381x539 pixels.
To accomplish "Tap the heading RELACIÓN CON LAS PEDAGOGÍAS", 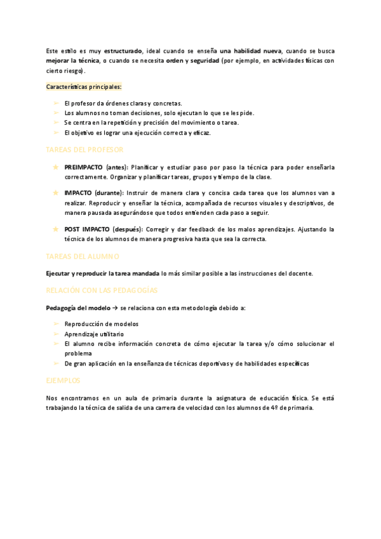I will click(x=102, y=290).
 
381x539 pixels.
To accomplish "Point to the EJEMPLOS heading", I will click(x=63, y=380).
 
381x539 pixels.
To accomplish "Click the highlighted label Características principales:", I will click(x=84, y=86).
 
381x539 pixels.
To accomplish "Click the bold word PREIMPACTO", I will click(x=84, y=167).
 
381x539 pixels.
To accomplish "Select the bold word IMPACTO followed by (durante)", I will click(x=77, y=193).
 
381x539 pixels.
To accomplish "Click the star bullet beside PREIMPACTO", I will click(x=55, y=167).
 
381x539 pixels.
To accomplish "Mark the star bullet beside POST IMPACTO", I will click(x=55, y=229).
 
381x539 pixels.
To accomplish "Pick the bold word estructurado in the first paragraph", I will click(x=123, y=50).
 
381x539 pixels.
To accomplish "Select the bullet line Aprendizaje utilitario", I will click(x=94, y=334).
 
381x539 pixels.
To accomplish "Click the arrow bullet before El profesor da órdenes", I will click(x=56, y=103).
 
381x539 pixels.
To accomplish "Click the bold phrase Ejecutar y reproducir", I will click(x=76, y=273).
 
